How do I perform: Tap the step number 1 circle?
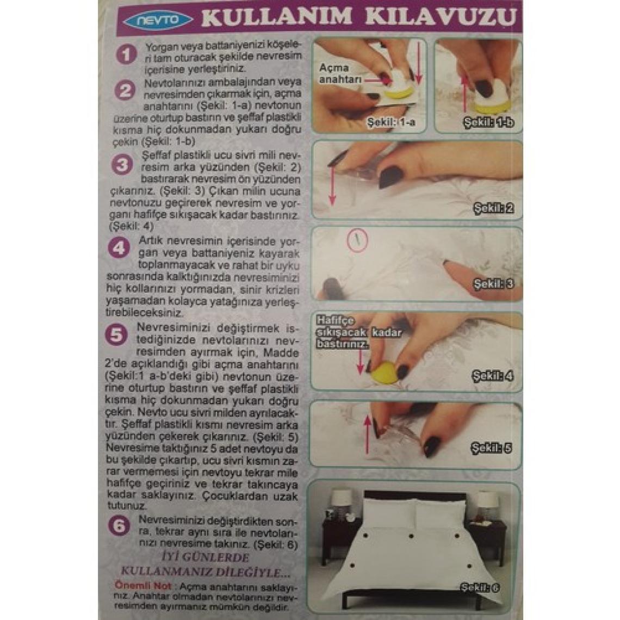click(126, 55)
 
